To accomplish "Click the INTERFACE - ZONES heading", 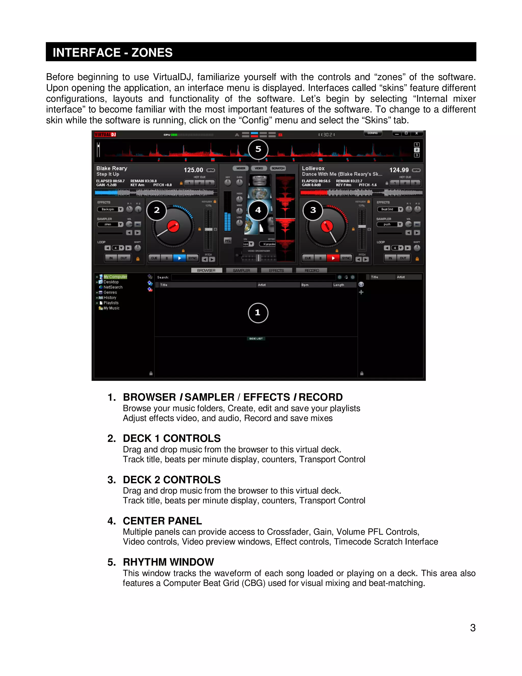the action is (x=113, y=52).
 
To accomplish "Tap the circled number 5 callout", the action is (x=258, y=149).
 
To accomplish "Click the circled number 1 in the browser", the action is (x=258, y=313).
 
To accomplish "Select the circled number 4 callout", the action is (x=258, y=210).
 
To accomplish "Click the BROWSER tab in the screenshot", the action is (x=206, y=270).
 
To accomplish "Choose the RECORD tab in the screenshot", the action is (x=311, y=270).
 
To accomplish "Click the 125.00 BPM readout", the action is (x=193, y=170).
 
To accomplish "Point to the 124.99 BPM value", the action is (x=399, y=170).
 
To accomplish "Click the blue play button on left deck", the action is (x=179, y=258).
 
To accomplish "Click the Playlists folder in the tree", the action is (x=111, y=303).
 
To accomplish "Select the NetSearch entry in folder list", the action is (x=113, y=287).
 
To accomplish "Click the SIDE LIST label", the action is (x=256, y=339).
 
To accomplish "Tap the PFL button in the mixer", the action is (x=228, y=241).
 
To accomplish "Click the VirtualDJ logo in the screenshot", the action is (x=105, y=134).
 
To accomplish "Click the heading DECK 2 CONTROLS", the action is (x=172, y=480).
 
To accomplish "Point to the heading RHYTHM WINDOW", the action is (x=168, y=562).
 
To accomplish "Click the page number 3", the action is (x=473, y=628).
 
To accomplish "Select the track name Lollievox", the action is (x=313, y=168).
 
